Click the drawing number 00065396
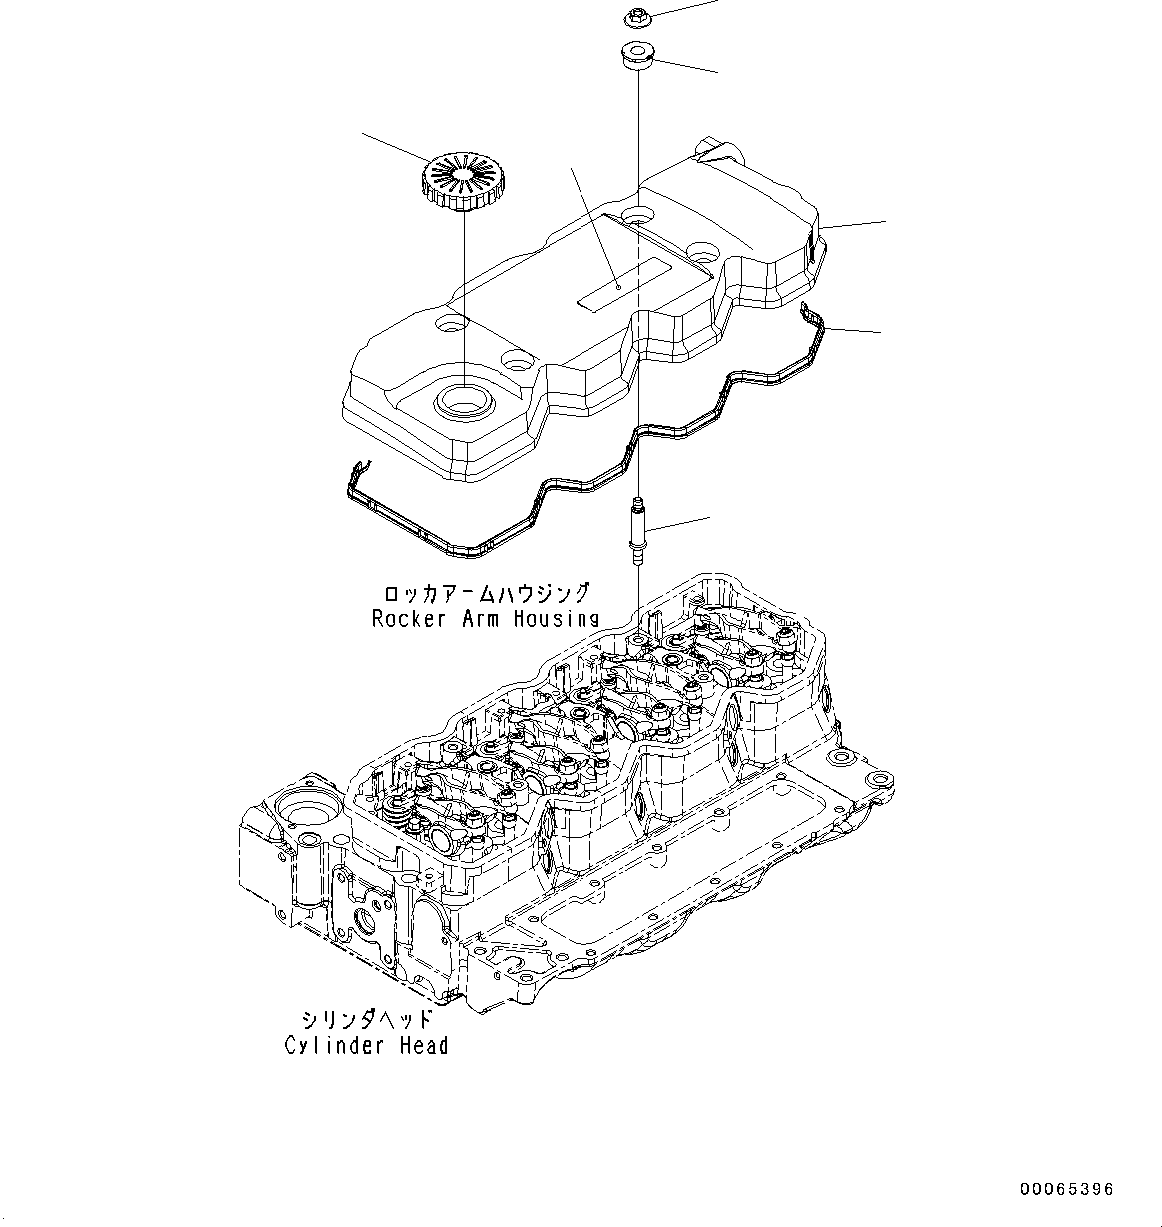point(1066,1189)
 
